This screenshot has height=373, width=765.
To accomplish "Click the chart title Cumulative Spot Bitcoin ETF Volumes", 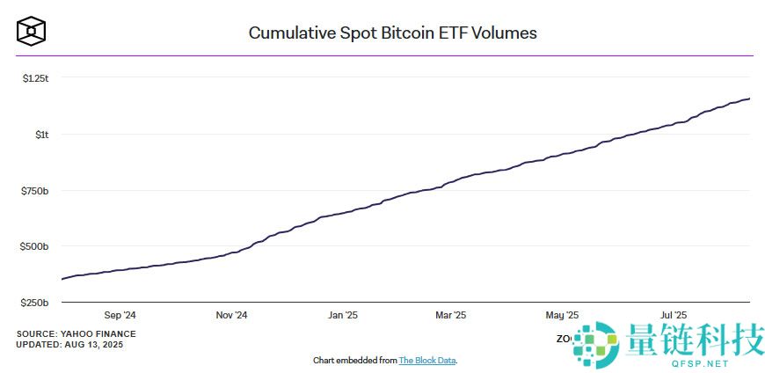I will tap(392, 33).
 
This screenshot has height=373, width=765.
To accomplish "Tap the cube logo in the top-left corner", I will tap(32, 32).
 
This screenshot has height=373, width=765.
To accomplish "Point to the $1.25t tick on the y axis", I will tap(36, 78).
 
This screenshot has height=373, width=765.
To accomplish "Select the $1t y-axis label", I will tap(41, 135).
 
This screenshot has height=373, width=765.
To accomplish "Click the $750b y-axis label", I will tap(36, 191).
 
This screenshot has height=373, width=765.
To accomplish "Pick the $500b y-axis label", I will tap(36, 246).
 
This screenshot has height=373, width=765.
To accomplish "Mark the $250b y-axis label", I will tap(36, 303).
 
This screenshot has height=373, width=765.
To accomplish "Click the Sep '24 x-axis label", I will tap(120, 315).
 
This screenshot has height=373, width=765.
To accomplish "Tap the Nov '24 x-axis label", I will tap(232, 315).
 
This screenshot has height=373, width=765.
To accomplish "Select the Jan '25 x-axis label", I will tap(342, 315).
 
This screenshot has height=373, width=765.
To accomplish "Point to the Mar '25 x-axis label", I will tap(450, 315).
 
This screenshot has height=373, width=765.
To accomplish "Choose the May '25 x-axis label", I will tap(562, 315).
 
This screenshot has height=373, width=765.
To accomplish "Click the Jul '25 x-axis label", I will tap(673, 315).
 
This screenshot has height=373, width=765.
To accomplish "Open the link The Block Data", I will tap(427, 361).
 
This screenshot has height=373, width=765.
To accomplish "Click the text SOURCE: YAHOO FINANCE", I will tap(76, 333).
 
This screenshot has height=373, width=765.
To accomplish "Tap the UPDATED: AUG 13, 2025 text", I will tap(69, 344).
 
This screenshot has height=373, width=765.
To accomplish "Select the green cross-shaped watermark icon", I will tap(597, 344).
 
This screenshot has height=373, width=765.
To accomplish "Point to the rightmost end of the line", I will tap(749, 99).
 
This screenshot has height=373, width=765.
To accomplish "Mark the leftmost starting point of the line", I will tap(62, 279).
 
